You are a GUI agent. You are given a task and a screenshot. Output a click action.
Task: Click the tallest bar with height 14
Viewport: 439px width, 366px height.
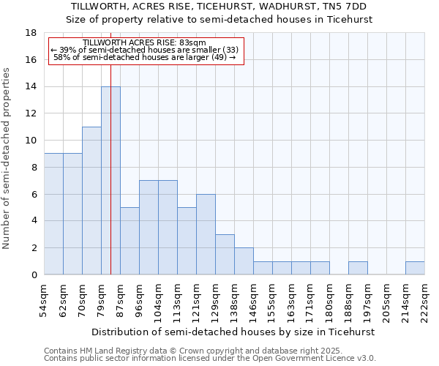pos(110,181)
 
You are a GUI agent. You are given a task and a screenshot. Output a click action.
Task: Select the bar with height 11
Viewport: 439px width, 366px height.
pos(91,201)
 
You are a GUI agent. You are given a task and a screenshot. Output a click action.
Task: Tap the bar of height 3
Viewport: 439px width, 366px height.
pos(225,255)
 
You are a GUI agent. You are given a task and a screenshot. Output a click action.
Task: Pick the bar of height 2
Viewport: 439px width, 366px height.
pos(244,261)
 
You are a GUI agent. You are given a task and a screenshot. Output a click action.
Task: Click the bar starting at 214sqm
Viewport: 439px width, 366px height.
pos(415,268)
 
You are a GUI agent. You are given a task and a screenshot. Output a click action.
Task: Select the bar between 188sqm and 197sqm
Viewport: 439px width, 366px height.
pos(358,268)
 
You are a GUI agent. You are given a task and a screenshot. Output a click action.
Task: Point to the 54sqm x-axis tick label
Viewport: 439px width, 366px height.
pos(44,298)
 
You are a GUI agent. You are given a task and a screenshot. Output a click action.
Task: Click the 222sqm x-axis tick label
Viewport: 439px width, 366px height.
pos(424,298)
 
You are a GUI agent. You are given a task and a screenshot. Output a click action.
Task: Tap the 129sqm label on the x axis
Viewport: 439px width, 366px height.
pos(215,298)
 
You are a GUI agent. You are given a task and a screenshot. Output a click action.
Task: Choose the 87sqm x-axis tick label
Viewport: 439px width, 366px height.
pos(120,298)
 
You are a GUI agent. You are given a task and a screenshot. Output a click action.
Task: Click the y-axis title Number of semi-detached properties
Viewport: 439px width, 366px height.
pos(7,158)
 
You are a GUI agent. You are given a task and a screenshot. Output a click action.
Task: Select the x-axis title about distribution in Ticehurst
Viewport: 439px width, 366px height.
pos(233,332)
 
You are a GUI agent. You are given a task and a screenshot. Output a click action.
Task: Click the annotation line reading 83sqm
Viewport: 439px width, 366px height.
pos(144,43)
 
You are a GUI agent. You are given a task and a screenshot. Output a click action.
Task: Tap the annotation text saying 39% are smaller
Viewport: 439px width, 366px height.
pos(144,50)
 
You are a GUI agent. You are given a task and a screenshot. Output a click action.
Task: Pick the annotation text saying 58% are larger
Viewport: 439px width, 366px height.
pos(144,57)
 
